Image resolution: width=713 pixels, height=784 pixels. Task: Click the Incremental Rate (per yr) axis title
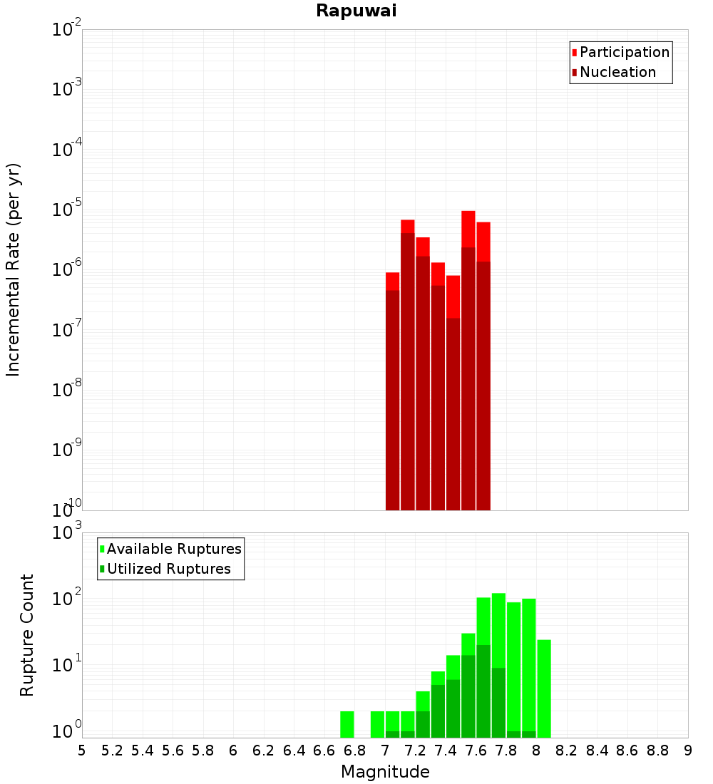coord(14,270)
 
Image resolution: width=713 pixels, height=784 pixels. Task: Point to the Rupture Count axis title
coord(27,635)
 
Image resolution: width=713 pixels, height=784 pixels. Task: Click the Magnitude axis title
coord(385,772)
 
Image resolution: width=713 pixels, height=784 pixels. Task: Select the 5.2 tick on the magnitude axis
coord(112,750)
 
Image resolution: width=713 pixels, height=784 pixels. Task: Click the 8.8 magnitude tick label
coord(657,750)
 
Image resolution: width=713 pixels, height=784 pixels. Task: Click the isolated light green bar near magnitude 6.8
coord(347,724)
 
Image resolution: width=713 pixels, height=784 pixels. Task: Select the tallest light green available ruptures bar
coord(498,627)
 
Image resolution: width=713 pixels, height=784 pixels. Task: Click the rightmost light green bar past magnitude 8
coord(544,688)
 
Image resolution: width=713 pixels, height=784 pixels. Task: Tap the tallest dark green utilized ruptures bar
coord(483,691)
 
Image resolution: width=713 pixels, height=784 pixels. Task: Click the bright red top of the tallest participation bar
coord(468,228)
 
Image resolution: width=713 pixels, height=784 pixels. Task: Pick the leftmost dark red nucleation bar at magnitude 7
coord(392,399)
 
